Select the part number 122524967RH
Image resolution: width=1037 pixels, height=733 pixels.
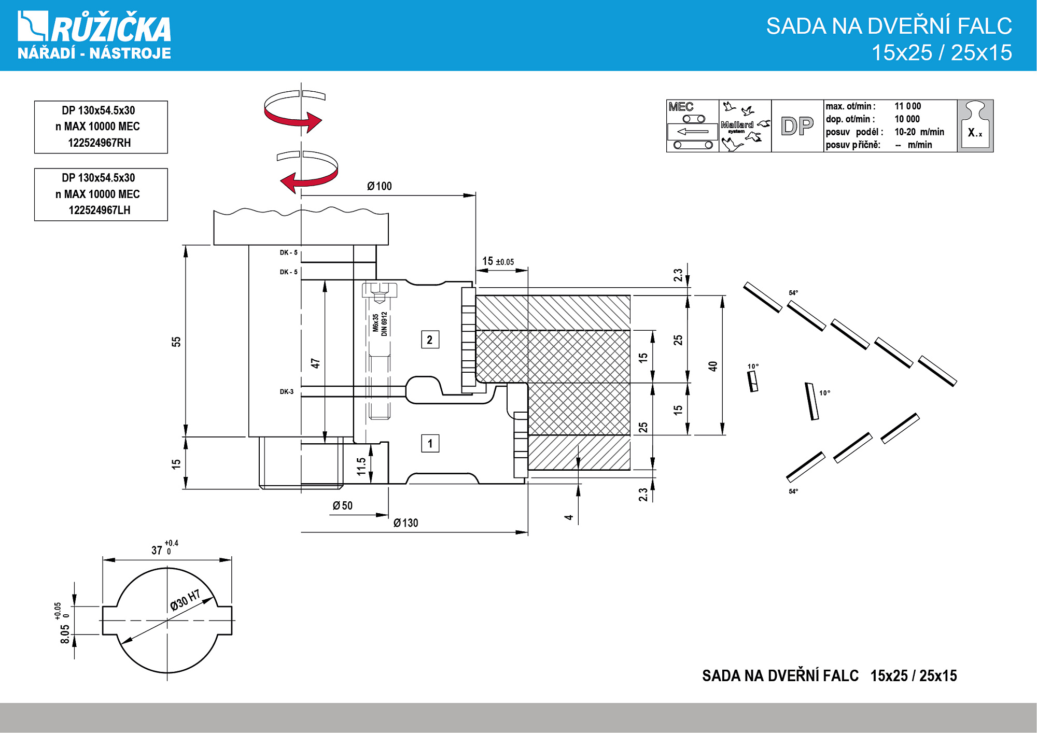point(100,143)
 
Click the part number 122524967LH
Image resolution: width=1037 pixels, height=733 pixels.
point(100,210)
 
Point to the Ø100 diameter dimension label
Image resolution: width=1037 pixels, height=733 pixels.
point(380,187)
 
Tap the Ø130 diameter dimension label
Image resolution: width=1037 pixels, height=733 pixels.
point(405,523)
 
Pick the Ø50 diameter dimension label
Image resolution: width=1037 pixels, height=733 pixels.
point(343,506)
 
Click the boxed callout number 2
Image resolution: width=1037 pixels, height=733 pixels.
point(430,340)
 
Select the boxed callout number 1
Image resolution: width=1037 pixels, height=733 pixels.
point(430,444)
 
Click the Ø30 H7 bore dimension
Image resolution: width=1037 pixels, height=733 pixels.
point(185,600)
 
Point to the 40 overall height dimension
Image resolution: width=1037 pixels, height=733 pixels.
point(713,366)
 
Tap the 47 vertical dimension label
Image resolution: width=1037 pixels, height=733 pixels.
point(315,363)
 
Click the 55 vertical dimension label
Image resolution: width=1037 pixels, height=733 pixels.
point(176,342)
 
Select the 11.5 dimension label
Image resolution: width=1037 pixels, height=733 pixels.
point(361,466)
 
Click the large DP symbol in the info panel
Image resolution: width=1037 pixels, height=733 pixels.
point(797,126)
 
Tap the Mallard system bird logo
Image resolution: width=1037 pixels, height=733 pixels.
point(745,126)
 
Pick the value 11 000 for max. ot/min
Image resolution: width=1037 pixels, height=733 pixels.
point(907,106)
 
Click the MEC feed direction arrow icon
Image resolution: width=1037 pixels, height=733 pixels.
point(693,132)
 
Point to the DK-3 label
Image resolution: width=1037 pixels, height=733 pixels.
point(287,392)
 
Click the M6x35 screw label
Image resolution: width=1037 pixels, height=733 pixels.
point(375,322)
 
